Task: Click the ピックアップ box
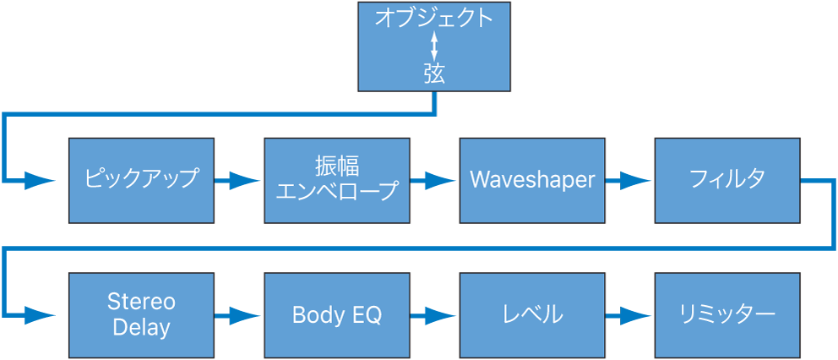141,180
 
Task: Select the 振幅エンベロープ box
336,180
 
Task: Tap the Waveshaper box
532,180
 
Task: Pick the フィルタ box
726,180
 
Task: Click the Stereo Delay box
141,314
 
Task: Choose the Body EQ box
336,314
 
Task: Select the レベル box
532,314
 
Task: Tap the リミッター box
726,314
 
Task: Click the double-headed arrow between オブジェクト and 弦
434,46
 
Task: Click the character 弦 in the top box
434,74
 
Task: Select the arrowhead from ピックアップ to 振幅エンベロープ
245,180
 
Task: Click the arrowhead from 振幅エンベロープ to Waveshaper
440,180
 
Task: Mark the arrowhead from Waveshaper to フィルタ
636,180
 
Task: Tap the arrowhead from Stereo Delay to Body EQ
245,315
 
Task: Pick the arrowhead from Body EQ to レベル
440,315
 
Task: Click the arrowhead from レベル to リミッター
636,315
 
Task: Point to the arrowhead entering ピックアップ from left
41,180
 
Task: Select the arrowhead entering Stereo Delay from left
41,315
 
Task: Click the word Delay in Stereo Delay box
141,326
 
